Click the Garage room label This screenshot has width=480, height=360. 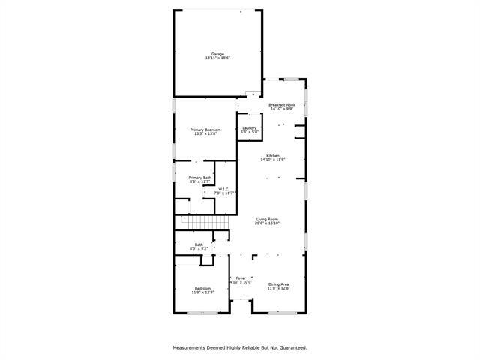(x=217, y=54)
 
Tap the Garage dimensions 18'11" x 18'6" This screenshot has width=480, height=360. (x=217, y=58)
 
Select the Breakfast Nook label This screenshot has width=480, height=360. (x=282, y=104)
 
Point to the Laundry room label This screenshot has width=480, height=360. (x=250, y=127)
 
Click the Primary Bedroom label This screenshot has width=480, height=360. (x=205, y=130)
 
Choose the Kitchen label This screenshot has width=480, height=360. (x=272, y=155)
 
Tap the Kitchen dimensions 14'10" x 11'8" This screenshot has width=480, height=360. (x=272, y=160)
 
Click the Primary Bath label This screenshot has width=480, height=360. (x=199, y=177)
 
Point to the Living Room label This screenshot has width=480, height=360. (x=267, y=218)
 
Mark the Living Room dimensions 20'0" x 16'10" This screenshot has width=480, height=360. (x=267, y=223)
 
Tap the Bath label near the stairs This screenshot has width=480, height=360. (x=199, y=244)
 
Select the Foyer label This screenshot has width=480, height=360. (x=241, y=278)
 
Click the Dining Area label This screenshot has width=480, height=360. (x=279, y=283)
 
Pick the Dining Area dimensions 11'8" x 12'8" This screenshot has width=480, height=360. (x=279, y=288)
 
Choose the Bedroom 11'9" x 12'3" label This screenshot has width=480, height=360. (x=203, y=288)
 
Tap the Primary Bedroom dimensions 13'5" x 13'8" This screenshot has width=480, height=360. (x=205, y=134)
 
